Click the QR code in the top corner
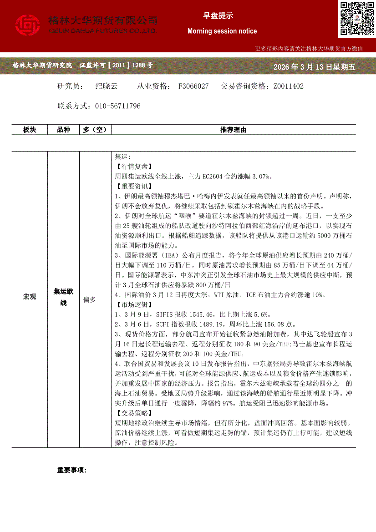tap(356, 19)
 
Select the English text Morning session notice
tap(222, 31)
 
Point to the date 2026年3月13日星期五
tap(314, 67)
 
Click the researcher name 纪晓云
tap(107, 86)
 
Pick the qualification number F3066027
tap(193, 86)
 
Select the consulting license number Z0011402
tap(288, 86)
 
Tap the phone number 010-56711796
tap(118, 106)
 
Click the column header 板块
tap(30, 130)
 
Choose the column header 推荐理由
tap(233, 130)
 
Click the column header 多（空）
tap(95, 130)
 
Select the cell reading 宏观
tap(30, 297)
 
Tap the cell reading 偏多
tap(89, 300)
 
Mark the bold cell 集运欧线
tap(63, 297)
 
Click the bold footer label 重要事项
tap(71, 470)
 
